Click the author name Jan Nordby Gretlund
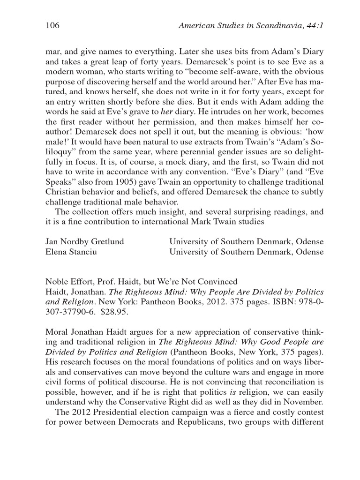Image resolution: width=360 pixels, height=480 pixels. pyautogui.click(x=84, y=242)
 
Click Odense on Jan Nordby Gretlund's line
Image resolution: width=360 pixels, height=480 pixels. pyautogui.click(x=309, y=242)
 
